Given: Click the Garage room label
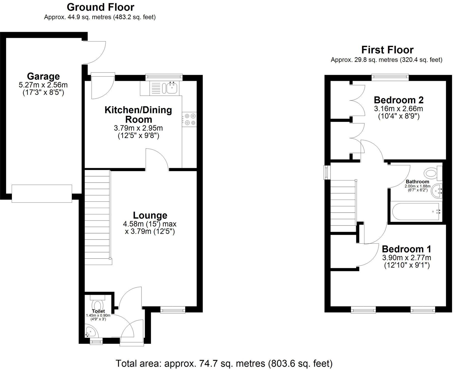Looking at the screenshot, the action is pyautogui.click(x=43, y=76).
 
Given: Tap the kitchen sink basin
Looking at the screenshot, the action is pyautogui.click(x=173, y=88).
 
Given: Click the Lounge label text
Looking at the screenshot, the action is pyautogui.click(x=150, y=215).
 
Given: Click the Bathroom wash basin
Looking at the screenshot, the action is pyautogui.click(x=436, y=191).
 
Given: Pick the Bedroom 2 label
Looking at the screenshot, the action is pyautogui.click(x=399, y=100).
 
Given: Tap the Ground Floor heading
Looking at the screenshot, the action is pyautogui.click(x=100, y=7).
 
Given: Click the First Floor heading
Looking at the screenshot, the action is pyautogui.click(x=387, y=50).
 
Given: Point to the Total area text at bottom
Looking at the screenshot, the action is pyautogui.click(x=224, y=363).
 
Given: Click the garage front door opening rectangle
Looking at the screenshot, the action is pyautogui.click(x=42, y=194).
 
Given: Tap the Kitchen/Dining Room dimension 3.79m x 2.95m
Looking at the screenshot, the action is pyautogui.click(x=138, y=128).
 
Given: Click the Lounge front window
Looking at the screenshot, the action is pyautogui.click(x=173, y=309).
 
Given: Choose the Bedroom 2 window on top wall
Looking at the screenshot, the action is pyautogui.click(x=390, y=77).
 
